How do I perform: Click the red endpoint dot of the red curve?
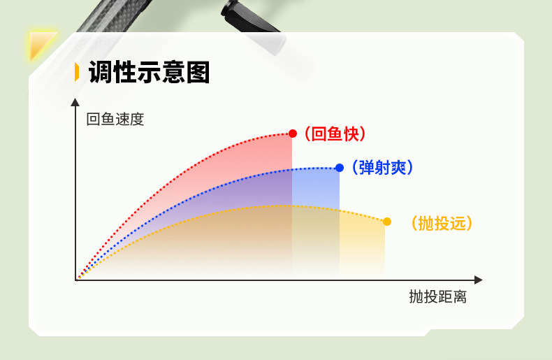293,134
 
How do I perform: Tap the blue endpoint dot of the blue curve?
340,168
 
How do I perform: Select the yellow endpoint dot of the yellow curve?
387,222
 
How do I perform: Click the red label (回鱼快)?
335,134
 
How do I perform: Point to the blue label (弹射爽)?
383,168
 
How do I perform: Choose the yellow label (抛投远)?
442,223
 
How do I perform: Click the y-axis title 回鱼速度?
115,119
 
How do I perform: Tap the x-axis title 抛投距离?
437,296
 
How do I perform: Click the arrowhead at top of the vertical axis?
75,102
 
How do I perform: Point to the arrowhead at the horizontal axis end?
479,280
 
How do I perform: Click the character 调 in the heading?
101,72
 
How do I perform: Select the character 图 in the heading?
198,72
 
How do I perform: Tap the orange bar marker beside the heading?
77,72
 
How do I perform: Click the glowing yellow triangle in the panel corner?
41,44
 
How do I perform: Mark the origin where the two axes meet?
76,280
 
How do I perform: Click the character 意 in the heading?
173,72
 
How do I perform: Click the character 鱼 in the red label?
335,134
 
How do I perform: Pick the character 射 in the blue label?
383,168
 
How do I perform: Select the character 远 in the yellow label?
458,223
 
